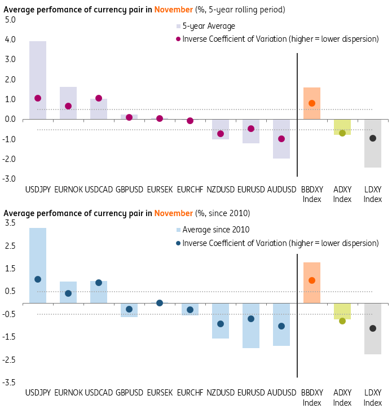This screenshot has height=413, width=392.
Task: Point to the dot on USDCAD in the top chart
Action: (99, 98)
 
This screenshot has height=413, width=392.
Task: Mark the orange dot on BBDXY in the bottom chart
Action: (312, 280)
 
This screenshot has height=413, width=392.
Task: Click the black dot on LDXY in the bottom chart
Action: (373, 328)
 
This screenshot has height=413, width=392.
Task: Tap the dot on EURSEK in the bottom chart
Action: (160, 303)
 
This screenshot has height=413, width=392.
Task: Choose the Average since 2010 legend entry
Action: (214, 230)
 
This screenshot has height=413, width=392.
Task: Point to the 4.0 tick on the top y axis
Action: (10, 39)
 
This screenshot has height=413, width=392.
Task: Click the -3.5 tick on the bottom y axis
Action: (10, 382)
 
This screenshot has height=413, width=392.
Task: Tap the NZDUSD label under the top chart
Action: (221, 190)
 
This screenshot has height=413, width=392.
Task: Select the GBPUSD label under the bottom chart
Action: (129, 392)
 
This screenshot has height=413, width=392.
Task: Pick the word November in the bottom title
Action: (173, 213)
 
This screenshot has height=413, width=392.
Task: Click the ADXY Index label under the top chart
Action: (342, 195)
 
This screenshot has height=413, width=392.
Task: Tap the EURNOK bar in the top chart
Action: (68, 103)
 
